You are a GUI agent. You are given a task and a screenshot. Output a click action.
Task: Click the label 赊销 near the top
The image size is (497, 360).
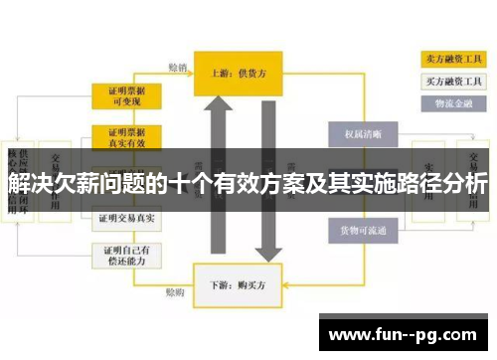pyautogui.click(x=177, y=68)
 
